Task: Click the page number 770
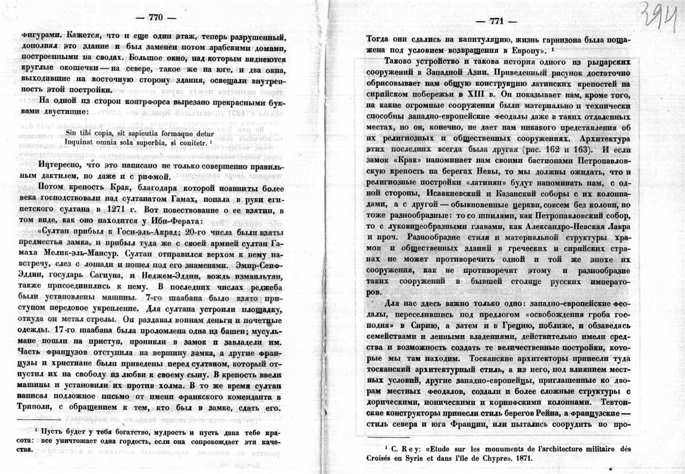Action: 155,17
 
